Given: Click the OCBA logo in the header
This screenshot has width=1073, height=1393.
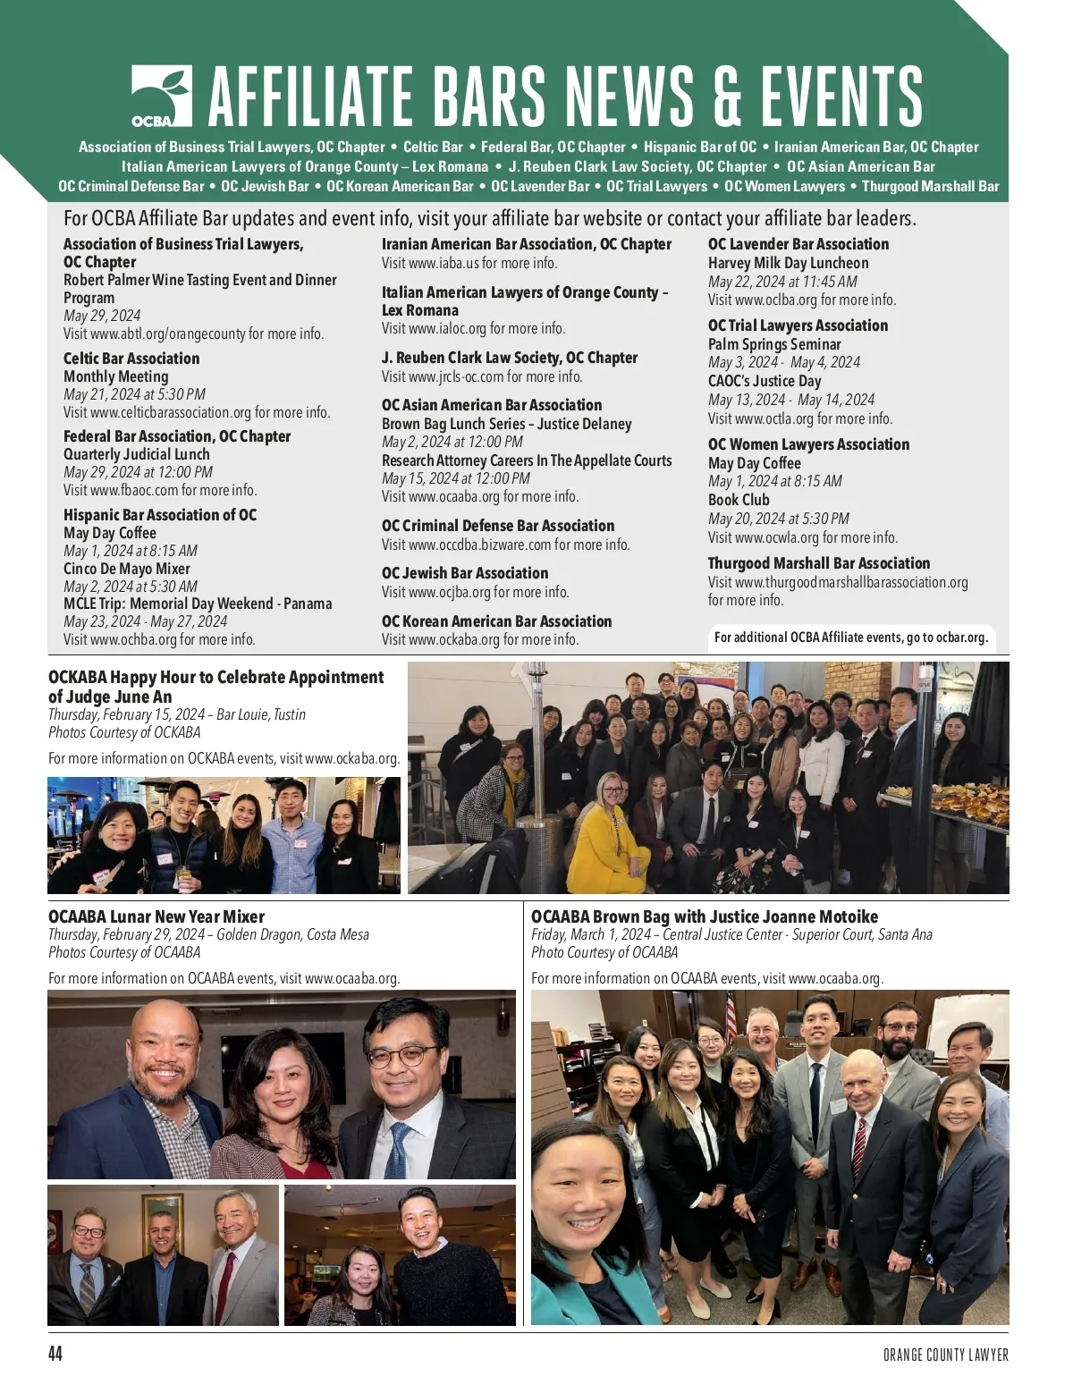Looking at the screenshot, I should coord(161,96).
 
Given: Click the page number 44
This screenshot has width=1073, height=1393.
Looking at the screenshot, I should coord(55,1354).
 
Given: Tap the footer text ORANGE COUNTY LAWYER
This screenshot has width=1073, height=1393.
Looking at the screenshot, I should coord(945,1355).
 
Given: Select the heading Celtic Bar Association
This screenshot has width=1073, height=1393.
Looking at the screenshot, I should coord(131,359).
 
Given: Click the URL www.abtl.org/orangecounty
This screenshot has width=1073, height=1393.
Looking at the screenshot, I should coord(168,333).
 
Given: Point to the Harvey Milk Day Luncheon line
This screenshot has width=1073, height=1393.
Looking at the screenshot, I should coord(788,263).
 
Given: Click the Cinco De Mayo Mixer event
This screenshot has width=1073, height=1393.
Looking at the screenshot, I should coord(127,569).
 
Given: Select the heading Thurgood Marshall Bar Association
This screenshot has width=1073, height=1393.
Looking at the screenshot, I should coord(818,563).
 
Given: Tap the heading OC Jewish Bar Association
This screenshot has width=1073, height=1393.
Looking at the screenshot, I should coord(465,573).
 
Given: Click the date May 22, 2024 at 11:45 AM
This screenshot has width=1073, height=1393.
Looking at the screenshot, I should coord(782,282).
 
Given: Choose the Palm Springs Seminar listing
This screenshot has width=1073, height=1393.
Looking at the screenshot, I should coord(774,344).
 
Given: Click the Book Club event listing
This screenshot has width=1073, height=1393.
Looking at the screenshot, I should coord(739,500).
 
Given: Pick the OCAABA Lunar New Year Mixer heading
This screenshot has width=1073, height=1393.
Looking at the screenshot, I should coord(156,916).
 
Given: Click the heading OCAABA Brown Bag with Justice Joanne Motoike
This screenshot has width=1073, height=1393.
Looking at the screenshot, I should coord(705,916).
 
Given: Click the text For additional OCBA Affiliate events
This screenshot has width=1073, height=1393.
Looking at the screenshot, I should coord(850,637).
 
